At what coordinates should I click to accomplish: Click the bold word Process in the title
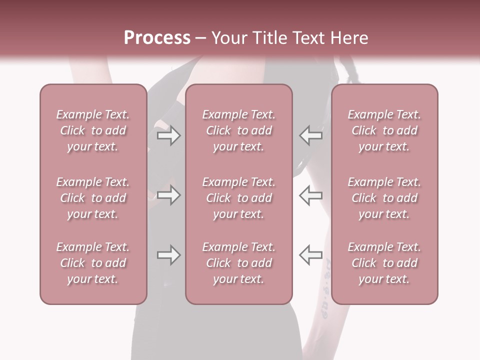coord(157,38)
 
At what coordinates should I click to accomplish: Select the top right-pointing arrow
coord(168,135)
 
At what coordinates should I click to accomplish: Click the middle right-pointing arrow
coord(168,195)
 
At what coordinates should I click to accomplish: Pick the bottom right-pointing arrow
coord(168,255)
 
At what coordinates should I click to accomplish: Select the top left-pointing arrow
coord(310,135)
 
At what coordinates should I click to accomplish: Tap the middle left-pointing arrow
coord(310,195)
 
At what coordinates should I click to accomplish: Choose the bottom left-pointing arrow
coord(310,255)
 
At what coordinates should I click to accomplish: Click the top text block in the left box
coord(93,130)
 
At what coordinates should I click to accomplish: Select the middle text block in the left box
coord(93,198)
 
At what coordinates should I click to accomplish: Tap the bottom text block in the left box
coord(93,263)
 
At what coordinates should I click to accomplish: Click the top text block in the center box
coord(238,130)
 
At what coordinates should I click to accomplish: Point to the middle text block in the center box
coord(238,198)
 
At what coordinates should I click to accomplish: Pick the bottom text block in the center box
coord(238,263)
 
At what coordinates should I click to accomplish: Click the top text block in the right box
coord(384,130)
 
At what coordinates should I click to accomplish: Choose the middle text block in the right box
coord(384,198)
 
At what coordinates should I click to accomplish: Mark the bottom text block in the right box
coord(384,263)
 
